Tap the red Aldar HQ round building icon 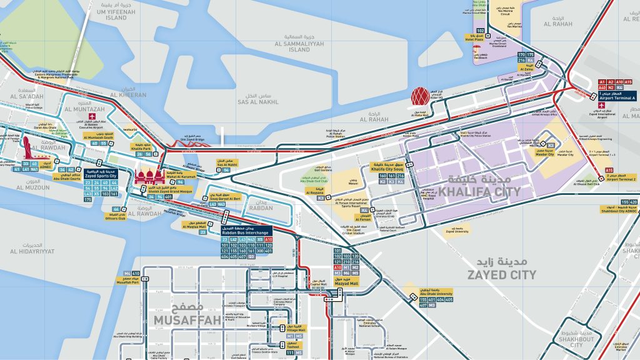pos(421,97)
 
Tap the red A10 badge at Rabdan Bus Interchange pos(269,239)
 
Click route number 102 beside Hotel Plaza pos(481,30)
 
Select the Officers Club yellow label pos(115,217)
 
